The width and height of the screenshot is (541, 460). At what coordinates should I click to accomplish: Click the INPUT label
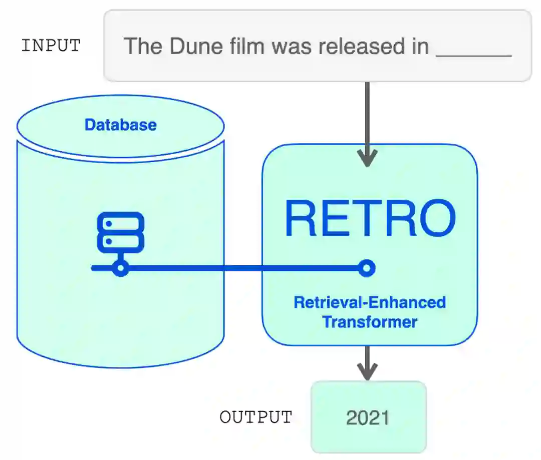tap(51, 46)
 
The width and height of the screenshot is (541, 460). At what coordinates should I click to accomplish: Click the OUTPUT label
tap(255, 417)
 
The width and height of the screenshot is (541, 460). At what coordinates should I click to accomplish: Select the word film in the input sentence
tap(243, 47)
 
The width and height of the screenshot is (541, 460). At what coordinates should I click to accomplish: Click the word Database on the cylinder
tap(121, 125)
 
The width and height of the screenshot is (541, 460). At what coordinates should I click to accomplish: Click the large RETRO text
tap(370, 219)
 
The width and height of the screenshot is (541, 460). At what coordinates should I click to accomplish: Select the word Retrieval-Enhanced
tap(370, 302)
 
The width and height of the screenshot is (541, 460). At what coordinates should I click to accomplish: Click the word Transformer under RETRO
tap(370, 321)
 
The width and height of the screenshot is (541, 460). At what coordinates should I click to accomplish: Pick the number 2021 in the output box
tap(368, 417)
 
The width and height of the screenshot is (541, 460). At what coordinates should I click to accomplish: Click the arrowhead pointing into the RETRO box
tap(368, 160)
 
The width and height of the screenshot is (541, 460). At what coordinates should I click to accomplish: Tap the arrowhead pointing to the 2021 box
tap(368, 371)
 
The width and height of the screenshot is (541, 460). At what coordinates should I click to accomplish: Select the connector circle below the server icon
tap(120, 269)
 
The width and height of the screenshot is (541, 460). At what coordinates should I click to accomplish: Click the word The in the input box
tap(143, 47)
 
